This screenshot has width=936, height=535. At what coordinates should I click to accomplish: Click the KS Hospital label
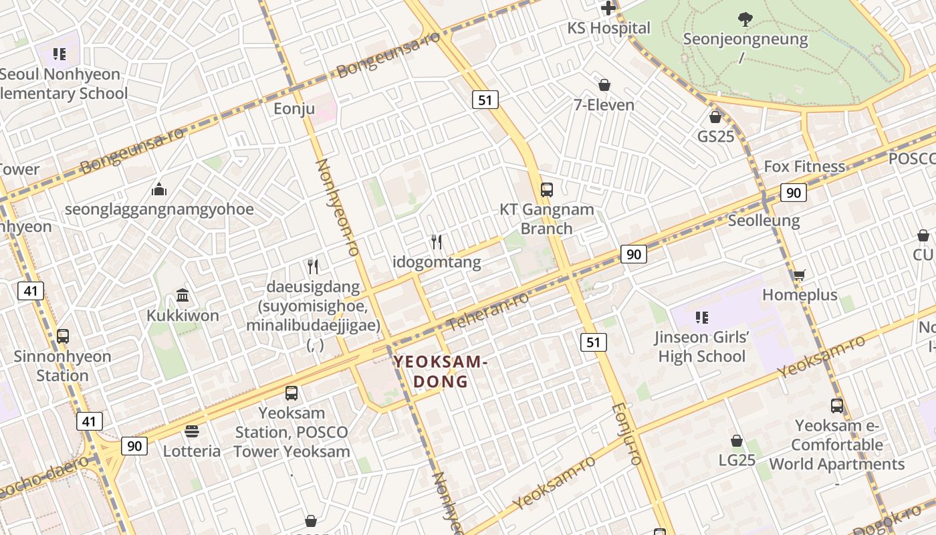click(x=608, y=28)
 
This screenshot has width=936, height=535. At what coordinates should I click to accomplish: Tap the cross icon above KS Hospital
click(x=608, y=8)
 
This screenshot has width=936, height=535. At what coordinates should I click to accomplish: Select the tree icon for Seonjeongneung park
click(x=745, y=19)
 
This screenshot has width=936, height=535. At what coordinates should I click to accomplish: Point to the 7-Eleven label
click(x=604, y=105)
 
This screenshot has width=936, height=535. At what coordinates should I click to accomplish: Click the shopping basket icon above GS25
click(x=715, y=117)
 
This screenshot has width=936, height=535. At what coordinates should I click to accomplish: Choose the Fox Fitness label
click(x=804, y=167)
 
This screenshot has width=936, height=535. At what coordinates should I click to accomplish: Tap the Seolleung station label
click(x=764, y=221)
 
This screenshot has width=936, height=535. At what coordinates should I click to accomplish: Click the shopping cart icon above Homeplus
click(x=799, y=275)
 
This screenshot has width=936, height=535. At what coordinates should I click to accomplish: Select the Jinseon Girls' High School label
click(x=701, y=346)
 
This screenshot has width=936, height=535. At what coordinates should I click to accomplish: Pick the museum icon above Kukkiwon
click(x=183, y=295)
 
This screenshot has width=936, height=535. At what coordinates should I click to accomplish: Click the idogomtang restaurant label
click(x=437, y=262)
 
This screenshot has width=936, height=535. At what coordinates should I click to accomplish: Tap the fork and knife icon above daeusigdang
click(x=313, y=267)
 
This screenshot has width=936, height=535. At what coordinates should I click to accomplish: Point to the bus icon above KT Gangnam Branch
click(x=547, y=190)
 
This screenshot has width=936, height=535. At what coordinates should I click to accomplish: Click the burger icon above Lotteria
click(x=192, y=431)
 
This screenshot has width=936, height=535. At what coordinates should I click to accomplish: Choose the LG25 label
click(x=737, y=460)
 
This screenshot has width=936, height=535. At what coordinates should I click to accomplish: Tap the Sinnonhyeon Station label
click(x=62, y=366)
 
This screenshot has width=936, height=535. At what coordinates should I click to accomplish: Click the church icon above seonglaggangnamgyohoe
click(x=159, y=190)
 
